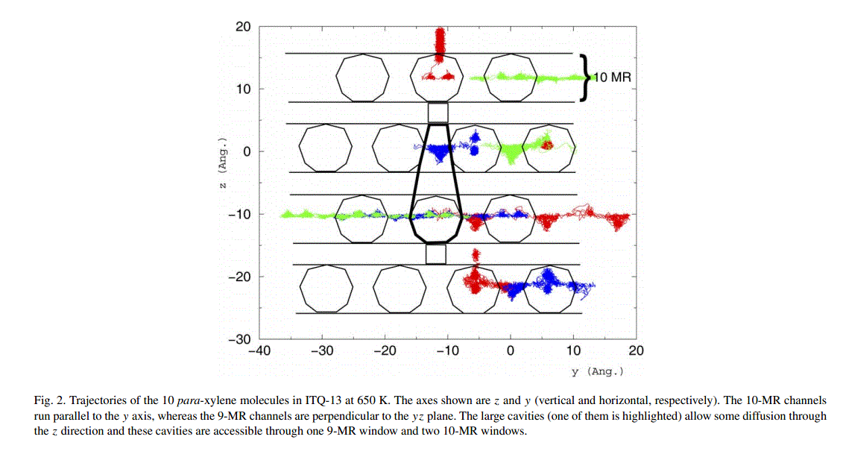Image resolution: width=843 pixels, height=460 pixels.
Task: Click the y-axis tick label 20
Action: pos(243,27)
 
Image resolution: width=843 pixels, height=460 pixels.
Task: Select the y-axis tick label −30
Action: pos(239,339)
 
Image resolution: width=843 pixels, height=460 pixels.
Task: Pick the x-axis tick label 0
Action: pos(511,350)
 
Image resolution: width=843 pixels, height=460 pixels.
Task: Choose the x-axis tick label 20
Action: pos(636,350)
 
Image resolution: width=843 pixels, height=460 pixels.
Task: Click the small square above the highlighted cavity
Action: pos(438,113)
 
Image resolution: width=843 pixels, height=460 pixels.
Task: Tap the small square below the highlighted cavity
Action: pos(436,253)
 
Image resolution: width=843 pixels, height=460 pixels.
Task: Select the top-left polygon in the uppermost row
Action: pos(362,77)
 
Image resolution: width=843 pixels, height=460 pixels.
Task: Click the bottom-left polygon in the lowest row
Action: pos(325,289)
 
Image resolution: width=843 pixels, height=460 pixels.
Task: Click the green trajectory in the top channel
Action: pos(522,77)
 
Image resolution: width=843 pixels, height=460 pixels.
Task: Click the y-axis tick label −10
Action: pos(239,214)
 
